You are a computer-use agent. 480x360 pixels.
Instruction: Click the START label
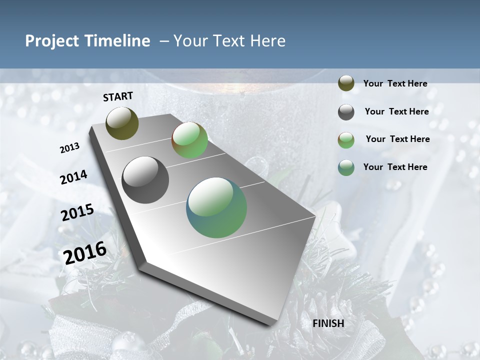pyautogui.click(x=118, y=96)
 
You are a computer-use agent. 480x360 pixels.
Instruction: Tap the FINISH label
pyautogui.click(x=328, y=323)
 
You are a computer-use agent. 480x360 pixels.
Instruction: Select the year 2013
pyautogui.click(x=69, y=148)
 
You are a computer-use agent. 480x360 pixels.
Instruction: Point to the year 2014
pyautogui.click(x=73, y=177)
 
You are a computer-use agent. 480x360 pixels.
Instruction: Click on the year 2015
pyautogui.click(x=77, y=212)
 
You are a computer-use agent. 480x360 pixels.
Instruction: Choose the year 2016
pyautogui.click(x=85, y=252)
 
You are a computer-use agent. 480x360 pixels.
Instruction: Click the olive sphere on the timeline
pyautogui.click(x=122, y=123)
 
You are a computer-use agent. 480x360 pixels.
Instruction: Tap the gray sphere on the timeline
pyautogui.click(x=145, y=180)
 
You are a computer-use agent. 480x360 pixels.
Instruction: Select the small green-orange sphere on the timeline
pyautogui.click(x=189, y=140)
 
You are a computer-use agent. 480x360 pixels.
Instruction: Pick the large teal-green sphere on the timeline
pyautogui.click(x=216, y=207)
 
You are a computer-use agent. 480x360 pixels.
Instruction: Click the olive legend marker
pyautogui.click(x=346, y=83)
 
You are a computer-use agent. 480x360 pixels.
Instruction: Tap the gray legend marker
pyautogui.click(x=346, y=112)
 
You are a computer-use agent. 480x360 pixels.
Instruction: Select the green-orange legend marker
pyautogui.click(x=346, y=140)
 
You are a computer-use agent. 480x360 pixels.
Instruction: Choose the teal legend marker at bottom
pyautogui.click(x=346, y=167)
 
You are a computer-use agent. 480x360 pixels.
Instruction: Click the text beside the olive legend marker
pyautogui.click(x=395, y=84)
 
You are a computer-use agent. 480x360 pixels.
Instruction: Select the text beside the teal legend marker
pyautogui.click(x=395, y=167)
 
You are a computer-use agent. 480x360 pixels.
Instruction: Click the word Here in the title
pyautogui.click(x=267, y=41)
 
